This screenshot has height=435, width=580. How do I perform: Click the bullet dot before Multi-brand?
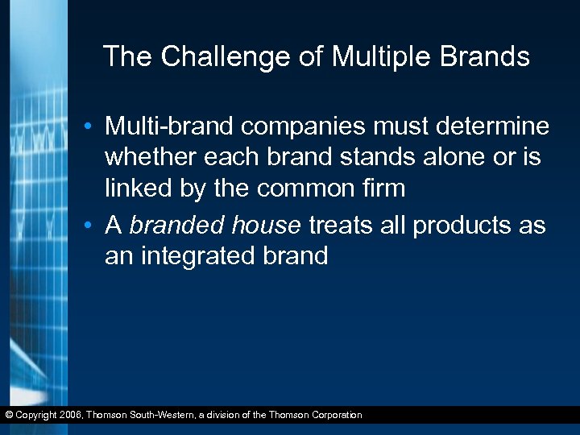coord(94,128)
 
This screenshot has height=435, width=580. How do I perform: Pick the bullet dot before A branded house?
coord(94,226)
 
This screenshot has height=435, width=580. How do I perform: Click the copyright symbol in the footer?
coord(9,416)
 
